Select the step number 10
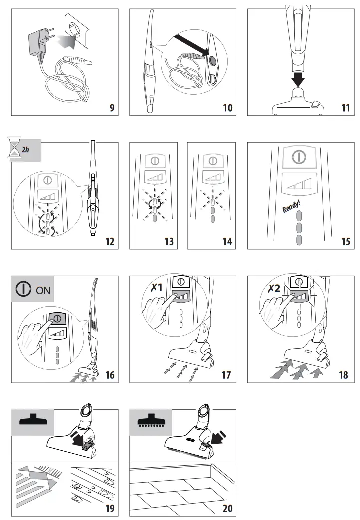pos(227,107)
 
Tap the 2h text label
pos(26,149)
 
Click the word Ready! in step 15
pos(291,205)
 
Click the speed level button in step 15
pos(298,185)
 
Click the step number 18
pos(343,374)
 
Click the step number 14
pos(227,241)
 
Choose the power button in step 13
pos(154,161)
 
